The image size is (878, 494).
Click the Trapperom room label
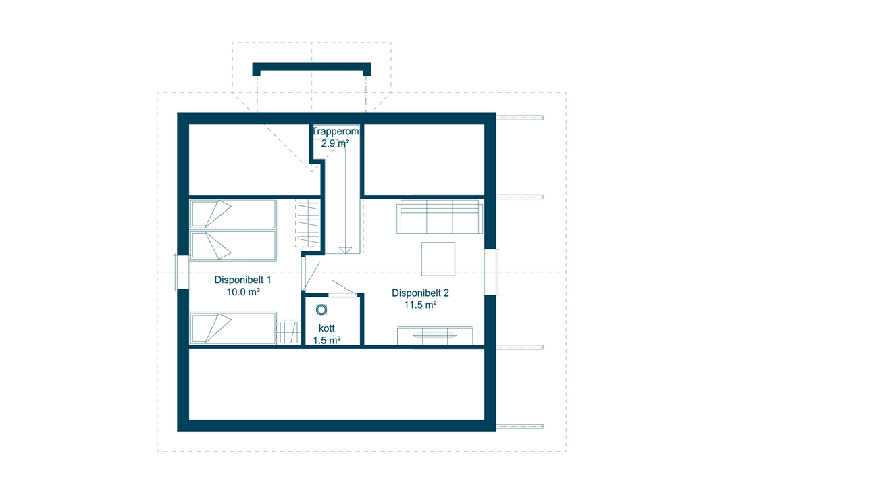[x=335, y=132]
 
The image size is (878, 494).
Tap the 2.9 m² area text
[x=335, y=143]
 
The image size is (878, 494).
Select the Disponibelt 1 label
[x=242, y=280]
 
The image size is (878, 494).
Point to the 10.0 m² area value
[x=243, y=292]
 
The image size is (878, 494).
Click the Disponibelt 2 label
[x=420, y=293]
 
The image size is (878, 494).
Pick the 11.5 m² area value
[x=420, y=305]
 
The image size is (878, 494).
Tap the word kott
[x=326, y=328]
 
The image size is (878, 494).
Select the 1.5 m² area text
[x=326, y=341]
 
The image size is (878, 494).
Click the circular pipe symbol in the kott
[x=321, y=310]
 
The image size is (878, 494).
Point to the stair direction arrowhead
[x=345, y=250]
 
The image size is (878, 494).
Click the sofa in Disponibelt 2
[x=440, y=217]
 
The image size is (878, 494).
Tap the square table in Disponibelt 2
[x=438, y=259]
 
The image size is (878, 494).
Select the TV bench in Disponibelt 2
[x=435, y=336]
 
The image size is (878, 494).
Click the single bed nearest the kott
[x=233, y=328]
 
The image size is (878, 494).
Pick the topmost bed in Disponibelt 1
[x=233, y=214]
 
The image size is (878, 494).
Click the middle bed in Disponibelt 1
[x=233, y=245]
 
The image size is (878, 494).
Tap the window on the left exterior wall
[x=182, y=272]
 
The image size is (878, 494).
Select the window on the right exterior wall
[x=491, y=272]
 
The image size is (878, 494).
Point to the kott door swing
[x=344, y=288]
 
